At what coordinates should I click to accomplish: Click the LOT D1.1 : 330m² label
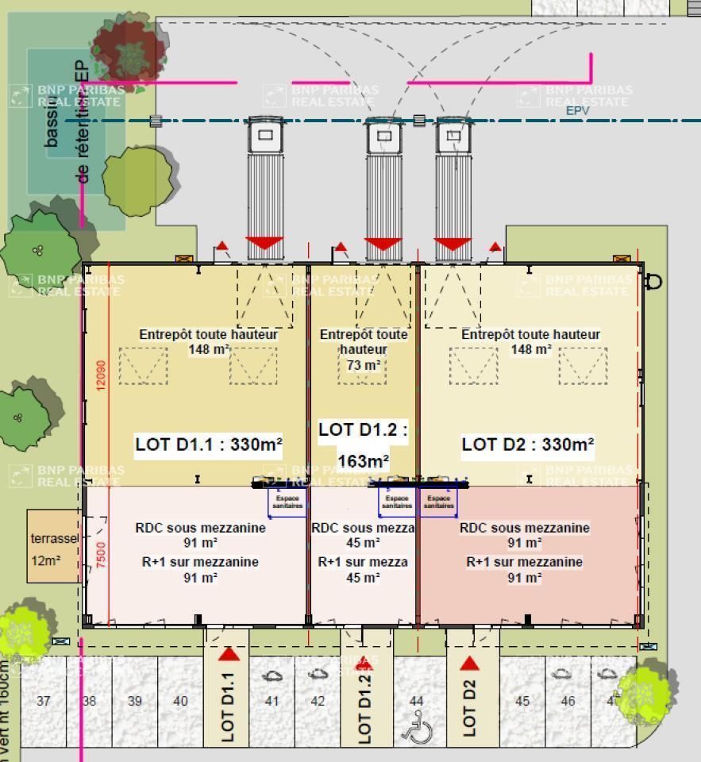point(209,444)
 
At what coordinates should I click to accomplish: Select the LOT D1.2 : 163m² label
point(363,445)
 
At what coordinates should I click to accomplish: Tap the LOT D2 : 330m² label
point(528,444)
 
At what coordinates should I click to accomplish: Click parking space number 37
point(44,701)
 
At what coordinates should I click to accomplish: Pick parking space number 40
point(180,701)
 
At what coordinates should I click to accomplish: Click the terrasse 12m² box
point(55,548)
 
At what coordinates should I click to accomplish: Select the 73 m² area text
point(364,365)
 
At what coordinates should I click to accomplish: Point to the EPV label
point(577,111)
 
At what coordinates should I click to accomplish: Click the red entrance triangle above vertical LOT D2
point(469,664)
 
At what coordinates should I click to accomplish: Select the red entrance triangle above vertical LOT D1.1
point(229,654)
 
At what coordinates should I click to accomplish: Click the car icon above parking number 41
point(272,675)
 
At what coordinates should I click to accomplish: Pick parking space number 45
point(522,701)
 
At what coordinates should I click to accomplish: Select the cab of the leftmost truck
point(265,136)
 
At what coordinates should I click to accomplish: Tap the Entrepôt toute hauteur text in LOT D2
point(530,335)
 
